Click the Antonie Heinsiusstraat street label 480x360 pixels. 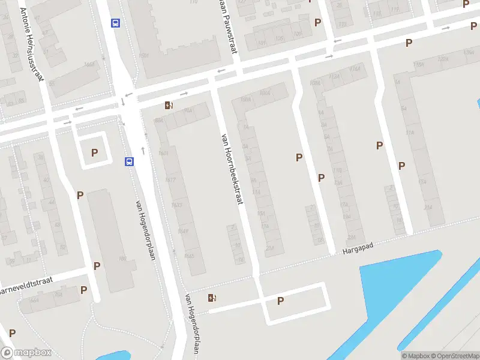pos(33,43)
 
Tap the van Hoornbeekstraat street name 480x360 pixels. pos(232,169)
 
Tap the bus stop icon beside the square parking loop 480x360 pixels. pos(129,162)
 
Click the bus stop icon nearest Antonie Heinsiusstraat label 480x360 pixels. pos(115,23)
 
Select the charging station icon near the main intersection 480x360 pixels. pos(170,106)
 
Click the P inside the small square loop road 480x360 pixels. pos(94,153)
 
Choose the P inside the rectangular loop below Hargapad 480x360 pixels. pos(280,301)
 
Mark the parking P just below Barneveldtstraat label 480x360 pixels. pos(83,290)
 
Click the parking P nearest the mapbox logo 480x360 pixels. pos(12,332)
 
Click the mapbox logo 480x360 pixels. pos(26,352)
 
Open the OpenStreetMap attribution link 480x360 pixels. pos(455,356)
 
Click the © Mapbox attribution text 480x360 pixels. pos(415,356)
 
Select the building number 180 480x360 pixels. pos(122,259)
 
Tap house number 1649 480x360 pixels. pos(183,231)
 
